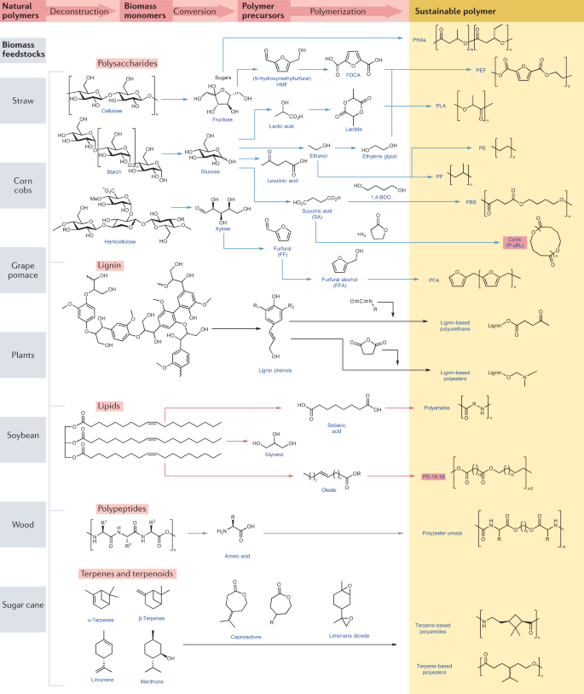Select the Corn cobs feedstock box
[24, 185]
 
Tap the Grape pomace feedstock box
[24, 270]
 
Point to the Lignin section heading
[113, 265]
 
